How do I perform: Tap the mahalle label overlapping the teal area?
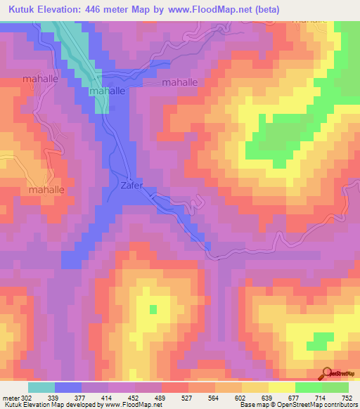(107, 91)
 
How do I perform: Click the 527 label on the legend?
(188, 398)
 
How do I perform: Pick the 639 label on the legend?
(268, 398)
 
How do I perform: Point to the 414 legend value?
(108, 398)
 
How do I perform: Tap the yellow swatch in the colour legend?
(281, 387)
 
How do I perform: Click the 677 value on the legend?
(295, 398)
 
